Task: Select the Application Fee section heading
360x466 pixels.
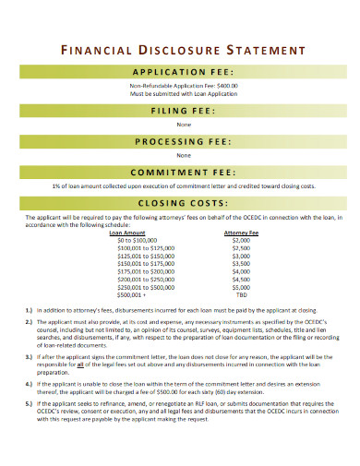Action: point(180,71)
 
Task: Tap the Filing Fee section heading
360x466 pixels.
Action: point(180,111)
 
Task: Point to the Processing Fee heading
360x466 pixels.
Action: point(180,141)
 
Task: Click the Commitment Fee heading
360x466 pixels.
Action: point(180,173)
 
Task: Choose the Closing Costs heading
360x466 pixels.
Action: point(180,203)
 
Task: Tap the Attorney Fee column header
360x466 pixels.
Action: point(242,233)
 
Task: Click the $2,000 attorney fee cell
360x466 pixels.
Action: point(242,241)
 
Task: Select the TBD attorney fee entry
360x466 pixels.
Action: point(242,294)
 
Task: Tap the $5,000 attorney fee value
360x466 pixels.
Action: point(242,287)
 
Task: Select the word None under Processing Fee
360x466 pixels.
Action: point(180,156)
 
